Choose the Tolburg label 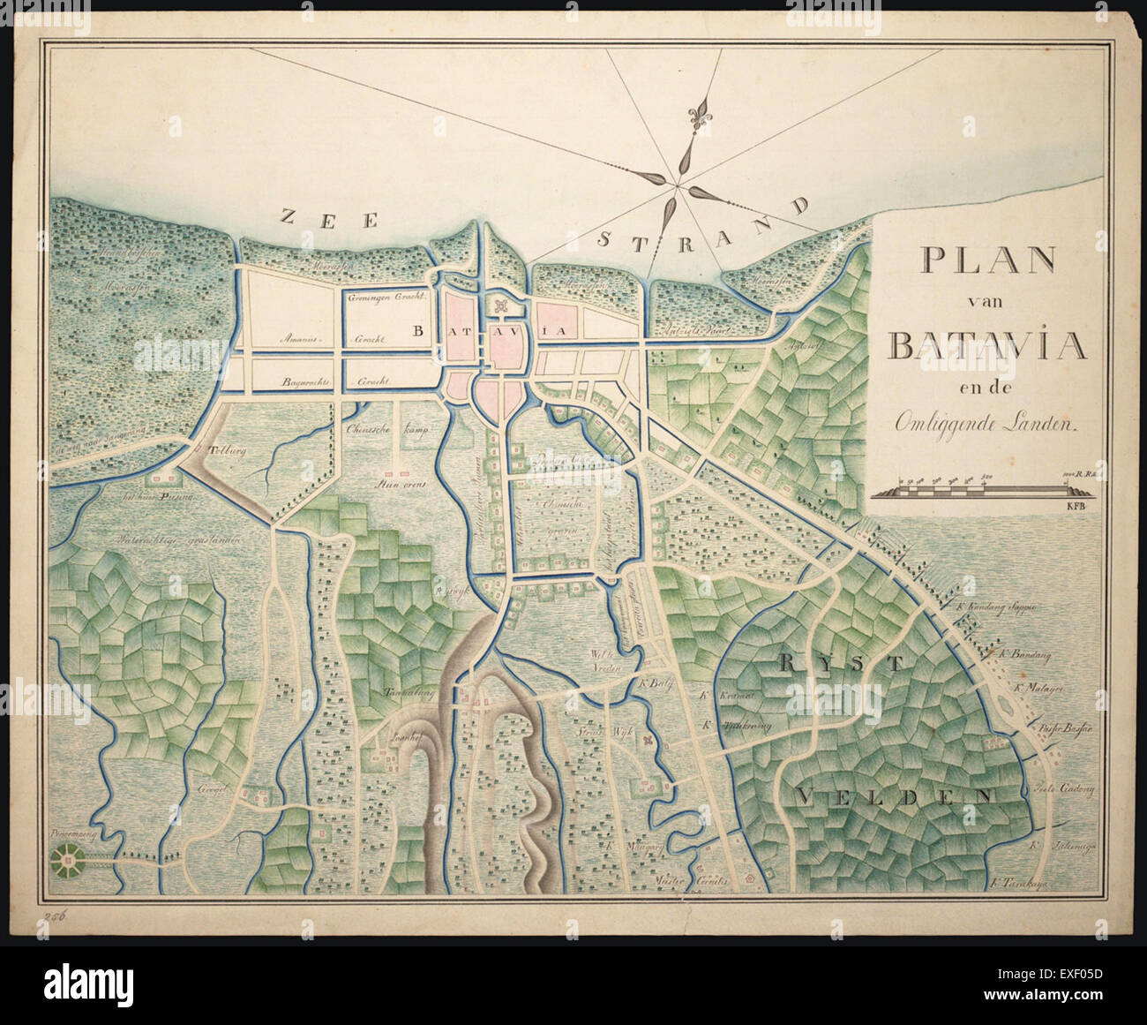click(x=227, y=448)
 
